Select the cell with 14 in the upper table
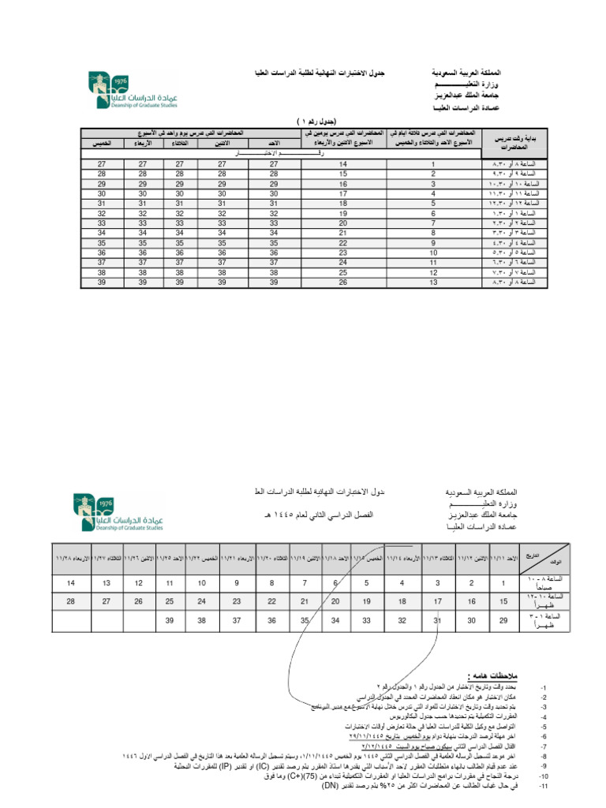pos(343,163)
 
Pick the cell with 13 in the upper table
pos(433,282)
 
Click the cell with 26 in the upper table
pos(343,282)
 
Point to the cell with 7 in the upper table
pos(433,223)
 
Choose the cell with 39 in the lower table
pos(168,621)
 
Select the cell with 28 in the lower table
pos(71,602)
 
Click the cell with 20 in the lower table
pos(336,602)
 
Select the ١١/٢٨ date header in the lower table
pos(70,558)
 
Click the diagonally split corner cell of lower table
pos(544,558)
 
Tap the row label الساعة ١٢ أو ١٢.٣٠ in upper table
pos(514,203)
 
